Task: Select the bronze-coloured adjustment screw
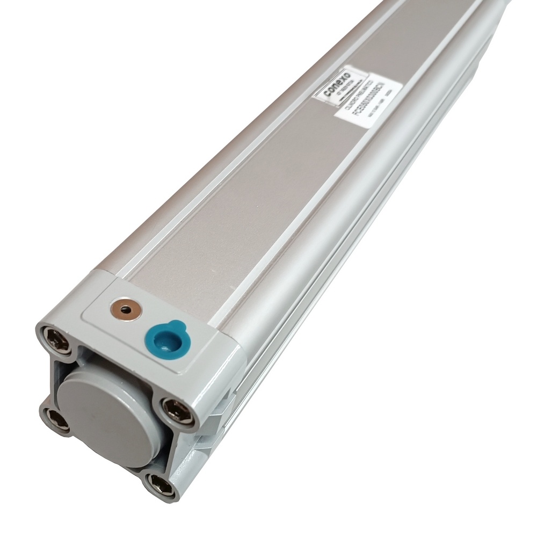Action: pos(125,309)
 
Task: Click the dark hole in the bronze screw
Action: pos(125,309)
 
